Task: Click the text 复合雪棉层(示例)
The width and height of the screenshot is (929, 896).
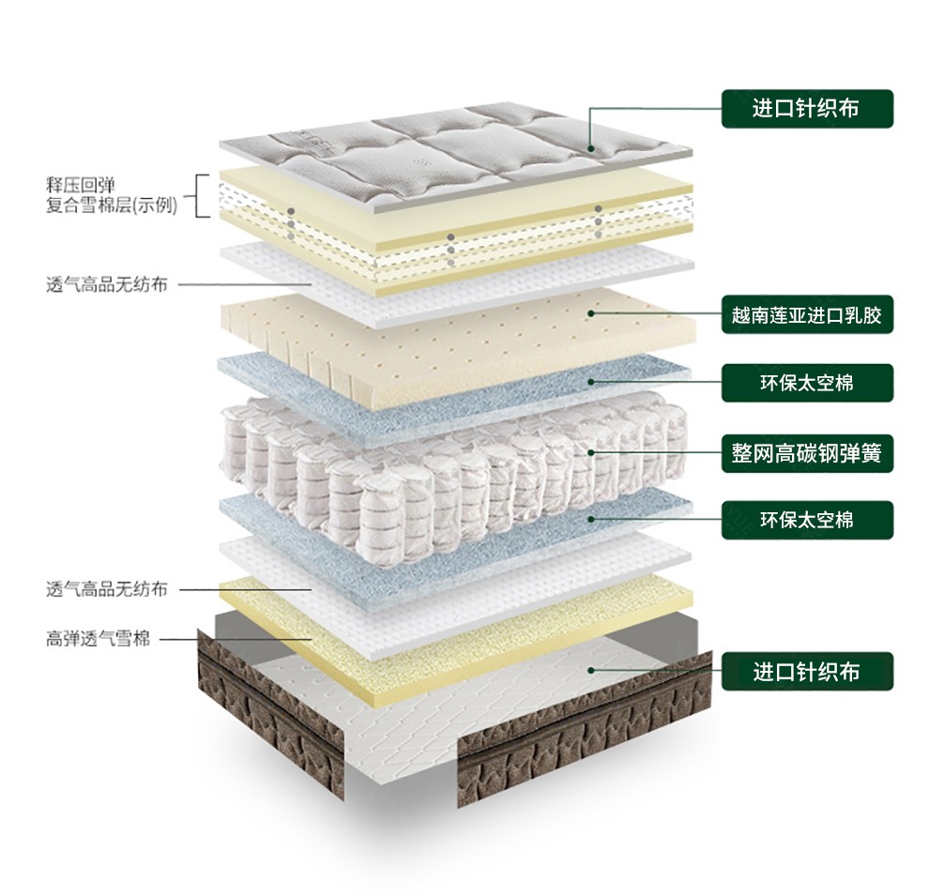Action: pyautogui.click(x=111, y=205)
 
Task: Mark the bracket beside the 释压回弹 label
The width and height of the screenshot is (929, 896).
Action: pyautogui.click(x=200, y=195)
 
